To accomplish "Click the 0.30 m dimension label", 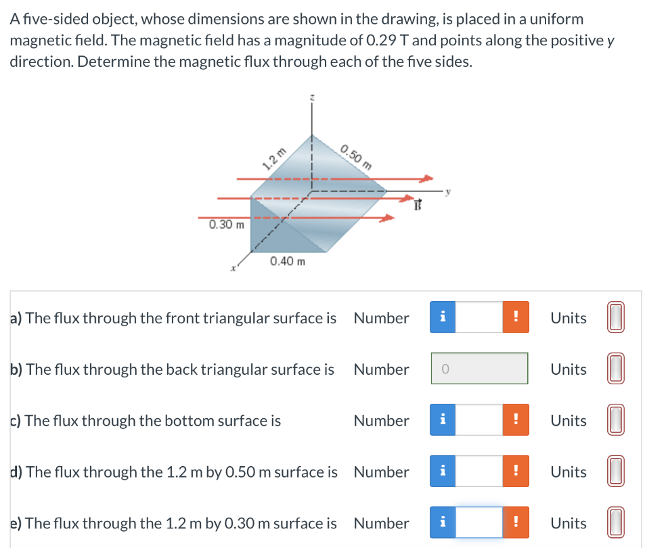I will pos(227,224).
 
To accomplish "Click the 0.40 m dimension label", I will pos(287,261).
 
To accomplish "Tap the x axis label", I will pos(232,269).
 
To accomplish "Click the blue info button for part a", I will pos(443,318).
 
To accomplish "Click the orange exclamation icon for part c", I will pos(515,421).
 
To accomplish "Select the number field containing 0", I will pos(479,369).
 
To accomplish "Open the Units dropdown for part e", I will pos(616,523).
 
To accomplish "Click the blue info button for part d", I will pos(443,472).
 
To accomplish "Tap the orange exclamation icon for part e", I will pos(515,523).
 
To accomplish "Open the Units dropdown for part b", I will pos(616,369).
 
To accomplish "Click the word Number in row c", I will pos(381,421).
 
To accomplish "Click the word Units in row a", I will pos(568,318).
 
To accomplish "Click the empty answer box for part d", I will pos(479,472).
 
